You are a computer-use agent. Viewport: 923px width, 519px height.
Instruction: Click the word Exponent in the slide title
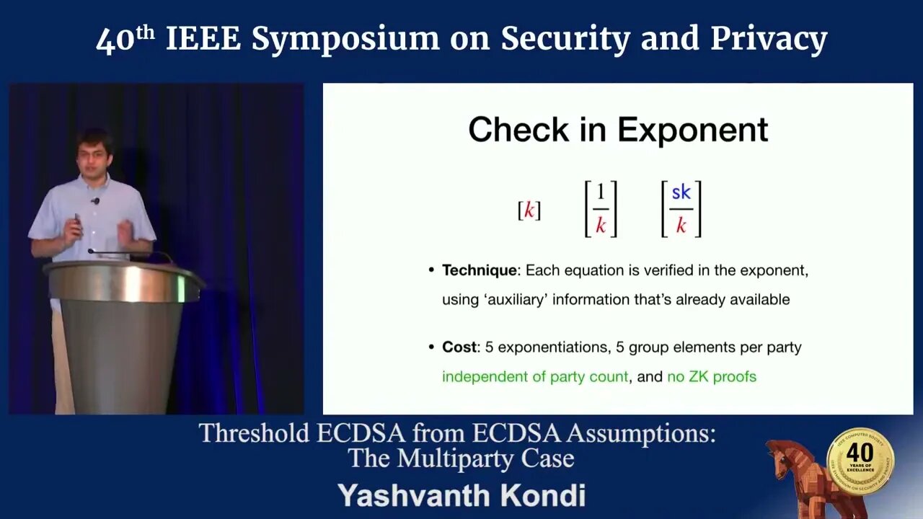point(693,130)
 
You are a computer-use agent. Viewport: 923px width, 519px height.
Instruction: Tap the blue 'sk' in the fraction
point(681,192)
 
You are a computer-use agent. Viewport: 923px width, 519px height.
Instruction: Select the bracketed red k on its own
point(529,210)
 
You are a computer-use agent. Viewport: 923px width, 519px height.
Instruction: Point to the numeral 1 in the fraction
point(601,192)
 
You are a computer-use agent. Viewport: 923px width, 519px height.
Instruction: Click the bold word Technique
point(480,270)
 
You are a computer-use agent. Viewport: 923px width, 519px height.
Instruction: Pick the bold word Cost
point(459,347)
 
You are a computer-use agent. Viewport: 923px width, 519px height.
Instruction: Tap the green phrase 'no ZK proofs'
point(712,377)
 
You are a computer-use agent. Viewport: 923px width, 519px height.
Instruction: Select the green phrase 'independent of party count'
point(535,377)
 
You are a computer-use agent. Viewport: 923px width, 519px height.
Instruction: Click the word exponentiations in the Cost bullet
point(554,347)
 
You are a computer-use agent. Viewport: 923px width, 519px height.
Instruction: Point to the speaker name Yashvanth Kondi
point(461,495)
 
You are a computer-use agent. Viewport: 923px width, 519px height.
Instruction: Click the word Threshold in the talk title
point(254,434)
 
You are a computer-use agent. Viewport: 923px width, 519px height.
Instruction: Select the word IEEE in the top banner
point(203,39)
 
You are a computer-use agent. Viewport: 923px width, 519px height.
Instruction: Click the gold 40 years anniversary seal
point(860,461)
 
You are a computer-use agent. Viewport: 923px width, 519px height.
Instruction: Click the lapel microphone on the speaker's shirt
point(96,201)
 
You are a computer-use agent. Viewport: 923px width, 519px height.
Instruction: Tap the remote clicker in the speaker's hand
point(77,221)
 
